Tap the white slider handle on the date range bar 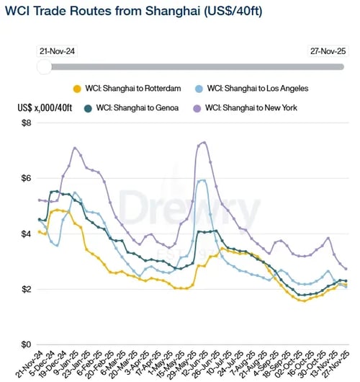coord(44,66)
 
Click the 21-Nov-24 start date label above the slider coord(59,52)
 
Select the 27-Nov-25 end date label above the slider coord(328,52)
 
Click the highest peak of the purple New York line coord(204,142)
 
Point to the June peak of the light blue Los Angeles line coord(203,180)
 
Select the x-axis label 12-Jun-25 coord(196,363)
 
